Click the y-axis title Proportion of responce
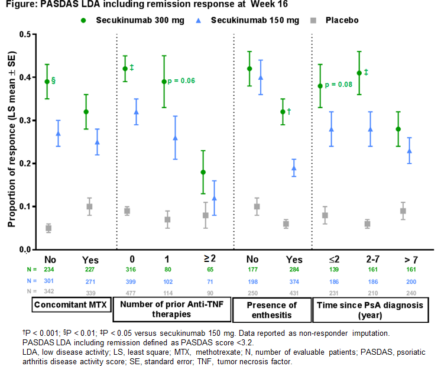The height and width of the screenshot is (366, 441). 11,142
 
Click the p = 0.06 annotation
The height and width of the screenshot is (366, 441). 181,80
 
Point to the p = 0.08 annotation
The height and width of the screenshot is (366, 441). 339,85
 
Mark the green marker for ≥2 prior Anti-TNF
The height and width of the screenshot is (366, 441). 203,172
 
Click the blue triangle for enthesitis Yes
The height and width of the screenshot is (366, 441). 294,168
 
